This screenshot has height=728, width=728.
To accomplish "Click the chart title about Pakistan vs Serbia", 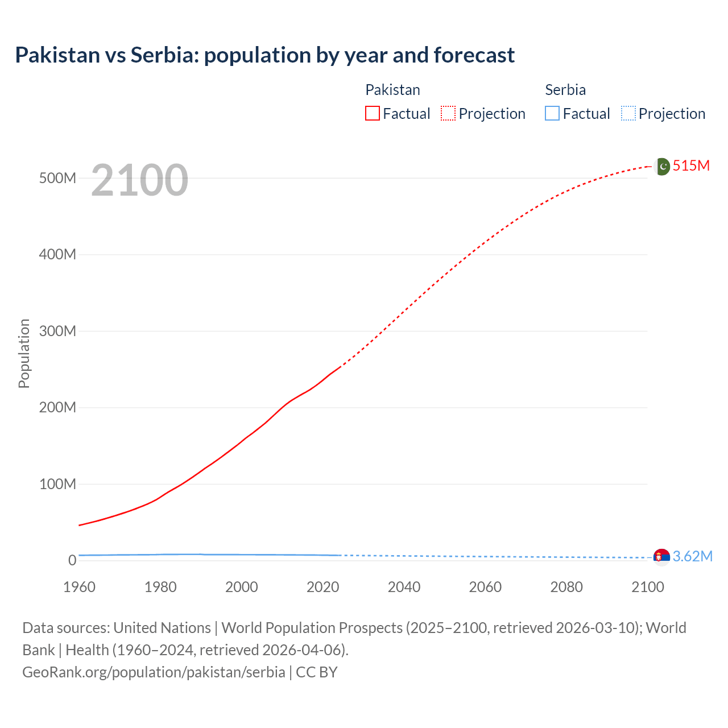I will point(264,55).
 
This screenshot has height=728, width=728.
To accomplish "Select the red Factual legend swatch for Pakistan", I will point(372,113).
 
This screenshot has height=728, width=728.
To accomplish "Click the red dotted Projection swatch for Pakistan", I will point(448,113).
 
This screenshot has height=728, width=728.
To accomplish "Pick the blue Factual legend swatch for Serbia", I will point(552,113).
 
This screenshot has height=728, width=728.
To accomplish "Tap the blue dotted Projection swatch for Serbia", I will point(628,113).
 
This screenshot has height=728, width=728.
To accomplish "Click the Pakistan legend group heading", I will point(392,90).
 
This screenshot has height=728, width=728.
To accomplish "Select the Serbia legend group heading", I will point(565,90).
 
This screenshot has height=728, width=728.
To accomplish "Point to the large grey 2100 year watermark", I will point(139,180).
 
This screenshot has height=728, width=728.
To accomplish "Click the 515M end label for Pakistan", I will point(691,166).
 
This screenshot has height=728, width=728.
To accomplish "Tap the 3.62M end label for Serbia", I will point(692,556).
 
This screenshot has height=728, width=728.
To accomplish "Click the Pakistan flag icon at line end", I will point(661,166).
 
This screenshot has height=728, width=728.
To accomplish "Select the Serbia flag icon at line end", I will point(661,556).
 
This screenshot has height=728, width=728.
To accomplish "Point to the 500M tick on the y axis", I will point(57,178).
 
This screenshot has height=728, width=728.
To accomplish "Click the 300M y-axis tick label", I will point(57,331).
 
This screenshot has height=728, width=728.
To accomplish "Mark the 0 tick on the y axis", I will point(72,560).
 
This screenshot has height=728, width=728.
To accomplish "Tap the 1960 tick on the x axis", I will point(79,587).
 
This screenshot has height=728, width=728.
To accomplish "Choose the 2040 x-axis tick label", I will point(404,587).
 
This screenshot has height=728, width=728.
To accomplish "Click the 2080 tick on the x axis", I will point(566,587).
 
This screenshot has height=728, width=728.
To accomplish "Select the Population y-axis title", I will point(24,353).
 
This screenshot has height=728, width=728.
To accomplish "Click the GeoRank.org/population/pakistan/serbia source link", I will point(154,672).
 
